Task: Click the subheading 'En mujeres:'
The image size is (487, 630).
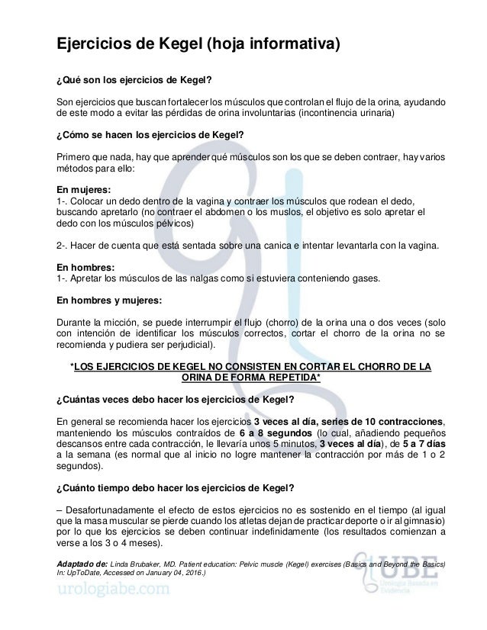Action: click(85, 187)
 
